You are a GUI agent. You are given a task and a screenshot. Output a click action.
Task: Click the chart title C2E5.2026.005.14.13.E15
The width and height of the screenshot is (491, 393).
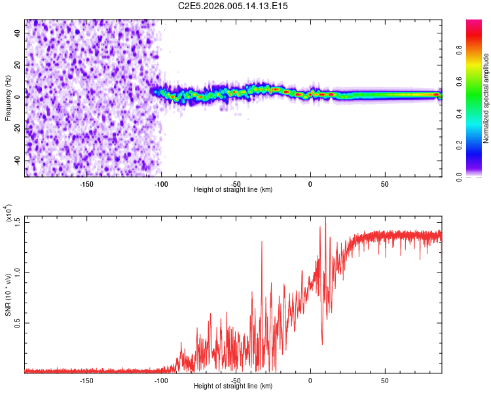234,6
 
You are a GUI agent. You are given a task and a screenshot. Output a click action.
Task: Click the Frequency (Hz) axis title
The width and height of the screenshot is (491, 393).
8,98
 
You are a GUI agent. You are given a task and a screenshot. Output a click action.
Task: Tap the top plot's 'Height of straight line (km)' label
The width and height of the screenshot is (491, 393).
234,189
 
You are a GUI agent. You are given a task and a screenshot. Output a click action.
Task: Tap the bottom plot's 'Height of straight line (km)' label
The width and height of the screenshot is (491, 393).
234,386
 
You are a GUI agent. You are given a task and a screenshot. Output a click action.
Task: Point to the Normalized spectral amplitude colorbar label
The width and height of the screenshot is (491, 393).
486,98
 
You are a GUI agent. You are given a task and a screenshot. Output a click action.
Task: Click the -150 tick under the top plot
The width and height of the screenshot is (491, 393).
86,183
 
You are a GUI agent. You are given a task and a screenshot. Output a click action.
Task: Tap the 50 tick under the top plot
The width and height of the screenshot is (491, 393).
385,183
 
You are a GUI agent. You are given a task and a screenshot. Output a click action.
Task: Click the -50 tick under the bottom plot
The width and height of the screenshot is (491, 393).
236,380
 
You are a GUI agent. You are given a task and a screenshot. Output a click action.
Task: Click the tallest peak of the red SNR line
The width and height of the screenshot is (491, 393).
325,218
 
